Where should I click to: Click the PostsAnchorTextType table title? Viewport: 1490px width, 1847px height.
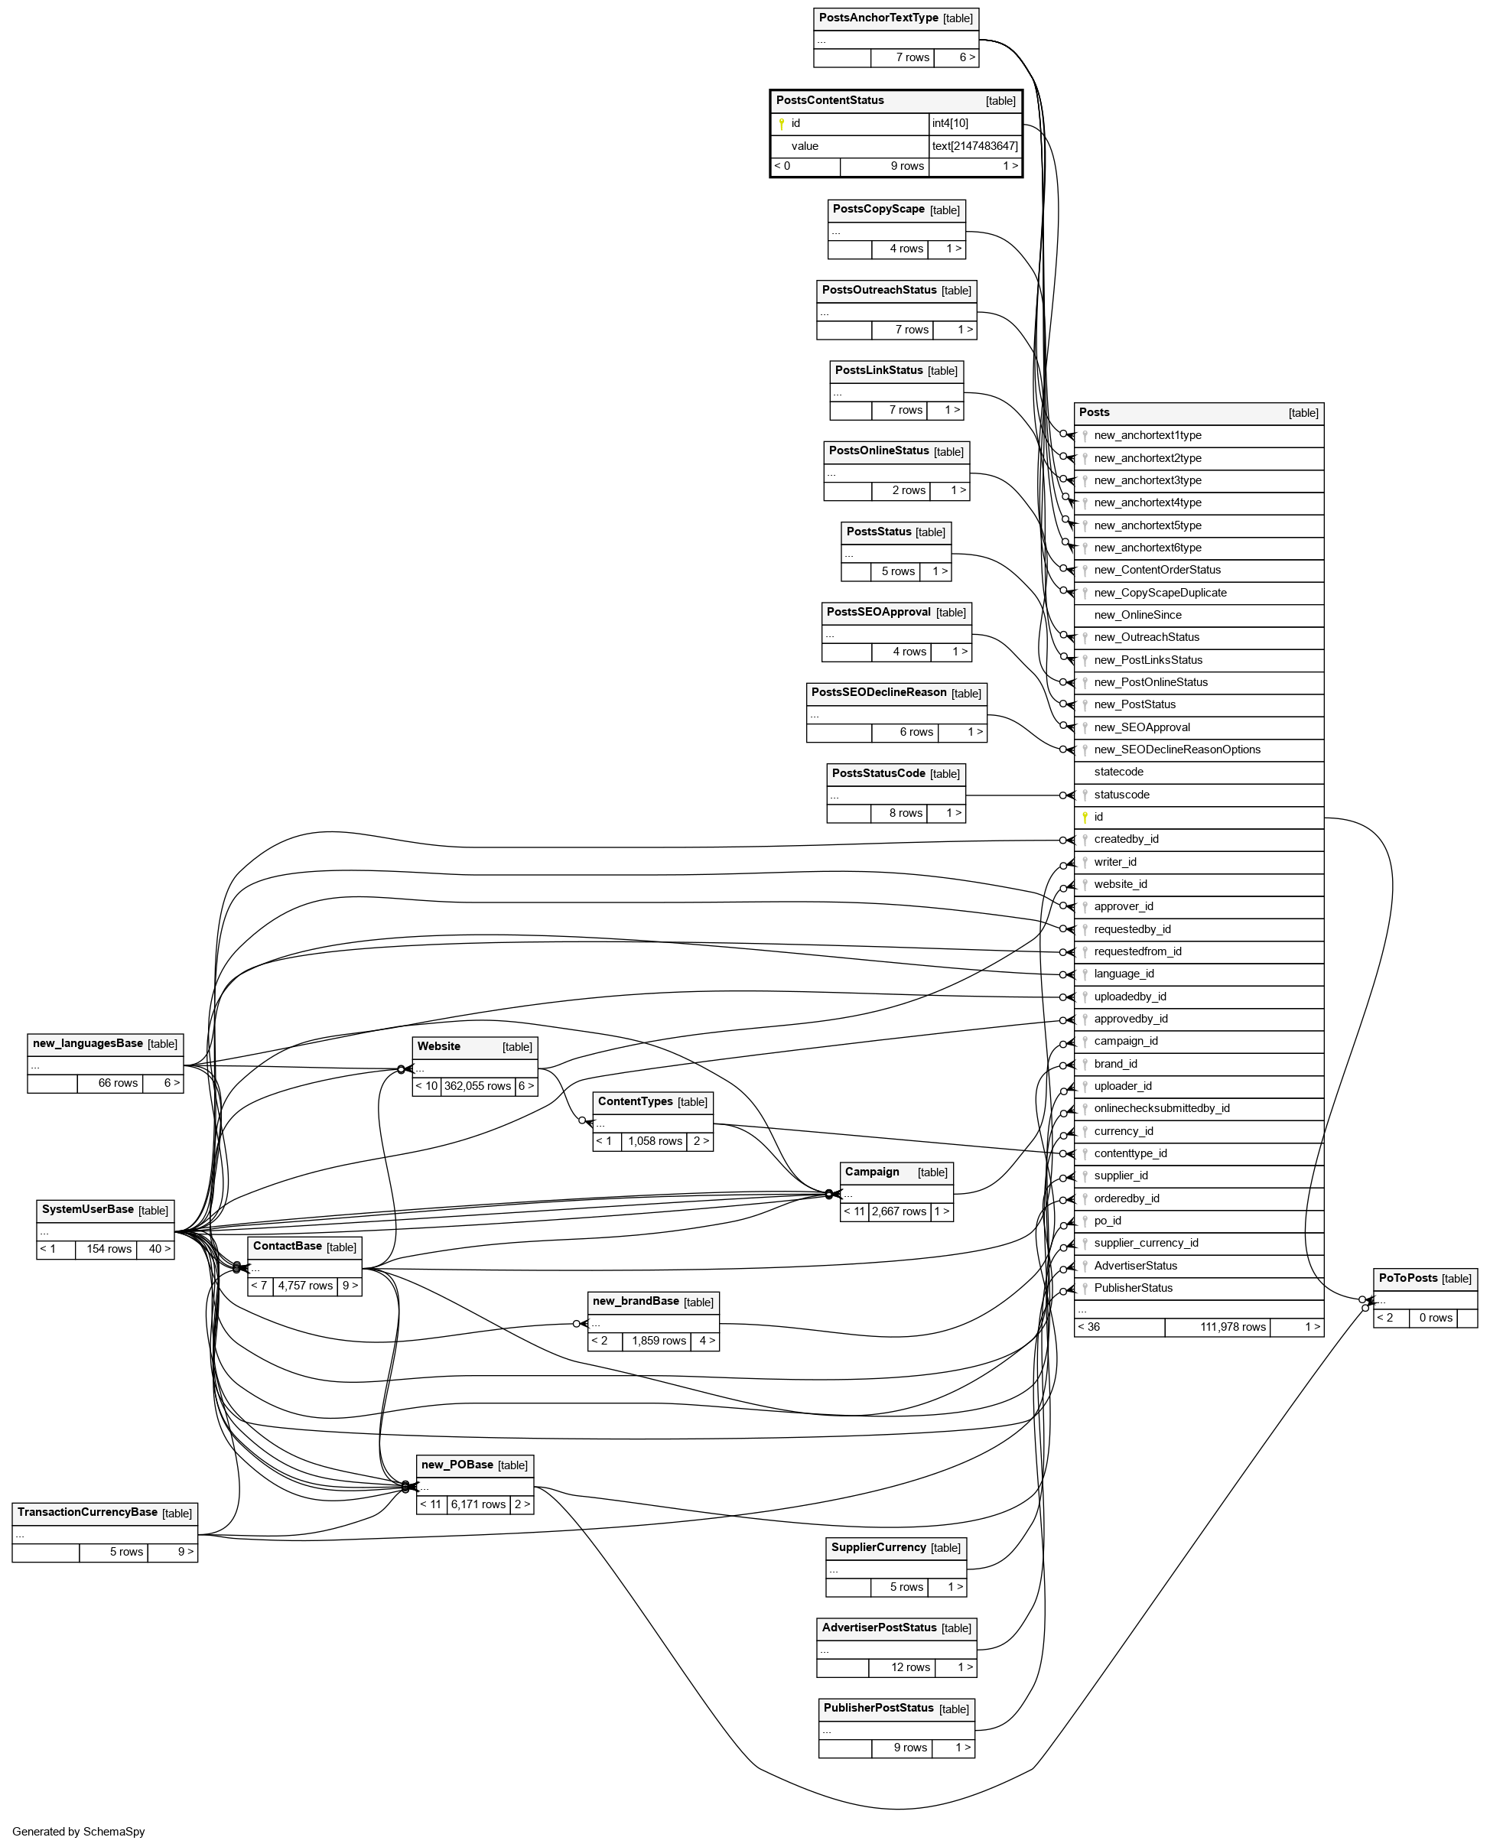(878, 18)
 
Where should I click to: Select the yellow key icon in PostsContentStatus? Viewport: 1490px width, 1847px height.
(781, 124)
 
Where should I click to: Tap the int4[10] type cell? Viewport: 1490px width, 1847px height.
(950, 124)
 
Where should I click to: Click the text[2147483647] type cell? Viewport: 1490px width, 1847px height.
(975, 146)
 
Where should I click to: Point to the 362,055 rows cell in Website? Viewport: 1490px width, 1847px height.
(477, 1086)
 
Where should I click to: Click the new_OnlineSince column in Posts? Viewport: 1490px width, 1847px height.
(1137, 616)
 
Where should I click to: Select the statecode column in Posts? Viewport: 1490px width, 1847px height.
(1118, 772)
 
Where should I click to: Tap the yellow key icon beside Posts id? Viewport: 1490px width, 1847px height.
(1085, 817)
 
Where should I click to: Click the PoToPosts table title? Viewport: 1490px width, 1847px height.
(1407, 1278)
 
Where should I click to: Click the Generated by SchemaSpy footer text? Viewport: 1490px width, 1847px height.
(79, 1832)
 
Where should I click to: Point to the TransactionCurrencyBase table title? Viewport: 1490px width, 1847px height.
(87, 1512)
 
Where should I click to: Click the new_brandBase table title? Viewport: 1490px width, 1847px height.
(636, 1301)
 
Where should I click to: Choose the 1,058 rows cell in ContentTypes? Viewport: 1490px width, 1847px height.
(655, 1140)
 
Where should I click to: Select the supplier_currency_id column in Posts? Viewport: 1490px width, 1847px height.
(1146, 1244)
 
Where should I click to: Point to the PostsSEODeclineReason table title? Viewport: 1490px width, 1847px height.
(879, 693)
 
